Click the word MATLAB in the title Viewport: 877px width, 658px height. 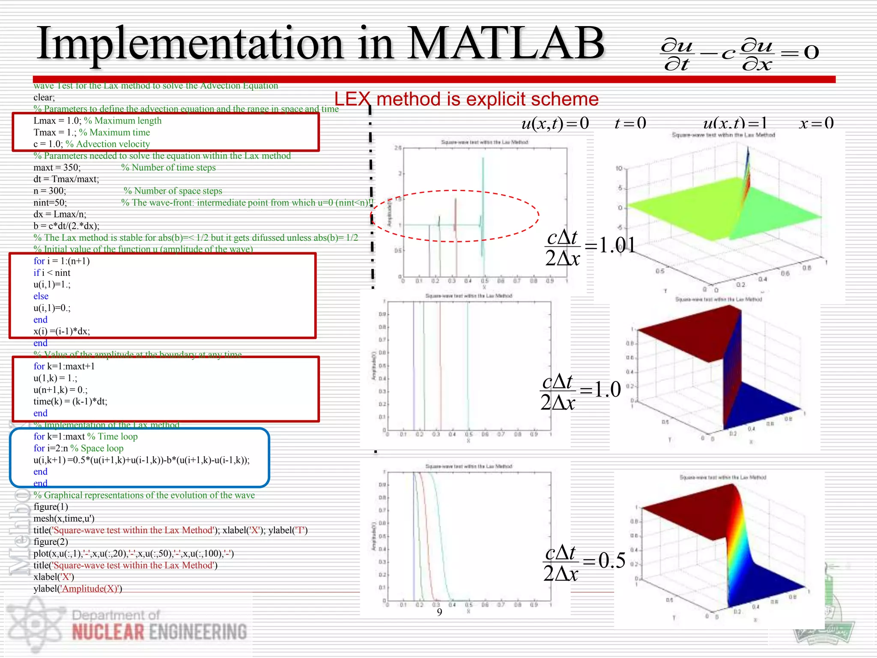point(505,43)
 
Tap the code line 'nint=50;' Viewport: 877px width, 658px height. point(50,203)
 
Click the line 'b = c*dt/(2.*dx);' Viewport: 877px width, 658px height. point(66,226)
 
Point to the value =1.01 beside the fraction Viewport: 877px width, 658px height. point(610,245)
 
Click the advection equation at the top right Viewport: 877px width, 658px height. point(739,54)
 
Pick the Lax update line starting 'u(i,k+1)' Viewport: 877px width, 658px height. point(141,460)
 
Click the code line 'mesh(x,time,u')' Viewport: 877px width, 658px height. point(64,518)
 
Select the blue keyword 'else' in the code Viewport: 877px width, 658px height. point(41,296)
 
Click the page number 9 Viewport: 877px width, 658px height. point(439,612)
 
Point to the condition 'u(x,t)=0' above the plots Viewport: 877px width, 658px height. point(555,123)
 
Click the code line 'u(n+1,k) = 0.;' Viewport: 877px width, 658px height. point(60,390)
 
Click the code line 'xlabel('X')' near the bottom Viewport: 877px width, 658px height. point(54,577)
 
